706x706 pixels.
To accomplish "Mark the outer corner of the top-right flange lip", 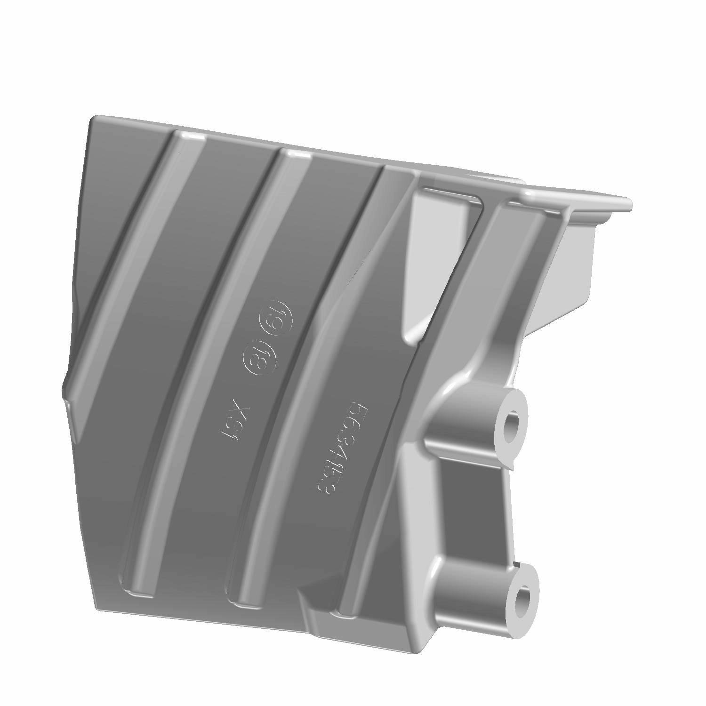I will pos(630,205).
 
